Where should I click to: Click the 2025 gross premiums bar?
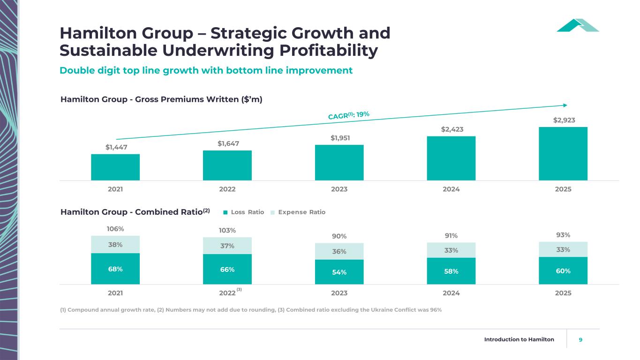click(563, 154)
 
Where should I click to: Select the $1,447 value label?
click(115, 147)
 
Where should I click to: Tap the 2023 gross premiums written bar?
click(339, 163)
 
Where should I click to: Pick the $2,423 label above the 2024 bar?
click(451, 129)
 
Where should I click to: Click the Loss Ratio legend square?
click(225, 212)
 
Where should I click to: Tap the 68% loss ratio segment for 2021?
click(115, 269)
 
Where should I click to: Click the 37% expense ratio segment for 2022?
click(227, 246)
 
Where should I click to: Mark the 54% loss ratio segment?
click(339, 272)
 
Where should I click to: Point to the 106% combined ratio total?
click(115, 229)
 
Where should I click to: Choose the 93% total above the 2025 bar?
click(563, 235)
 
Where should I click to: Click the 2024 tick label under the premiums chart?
click(451, 189)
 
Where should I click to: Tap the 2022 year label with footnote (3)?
click(227, 293)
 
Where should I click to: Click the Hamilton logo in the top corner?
click(578, 25)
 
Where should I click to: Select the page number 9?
click(581, 339)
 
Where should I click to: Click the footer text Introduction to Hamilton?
click(519, 339)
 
